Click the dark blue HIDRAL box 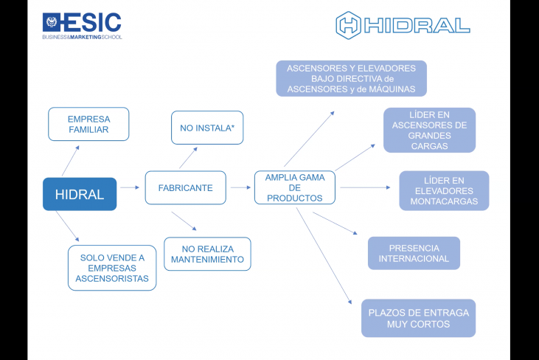(80, 194)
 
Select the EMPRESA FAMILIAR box (88, 124)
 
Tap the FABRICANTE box (185, 188)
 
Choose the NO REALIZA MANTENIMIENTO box (207, 254)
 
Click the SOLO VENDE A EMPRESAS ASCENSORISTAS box (112, 268)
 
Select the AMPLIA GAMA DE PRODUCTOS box (294, 187)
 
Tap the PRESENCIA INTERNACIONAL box (414, 253)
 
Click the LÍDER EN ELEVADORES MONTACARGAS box (444, 190)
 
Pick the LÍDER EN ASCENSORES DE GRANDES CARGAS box (429, 130)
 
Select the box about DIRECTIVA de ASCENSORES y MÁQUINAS (351, 78)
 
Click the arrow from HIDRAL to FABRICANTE (130, 187)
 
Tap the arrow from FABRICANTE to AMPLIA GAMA (240, 187)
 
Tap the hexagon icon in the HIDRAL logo (348, 25)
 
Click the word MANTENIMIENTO (207, 260)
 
